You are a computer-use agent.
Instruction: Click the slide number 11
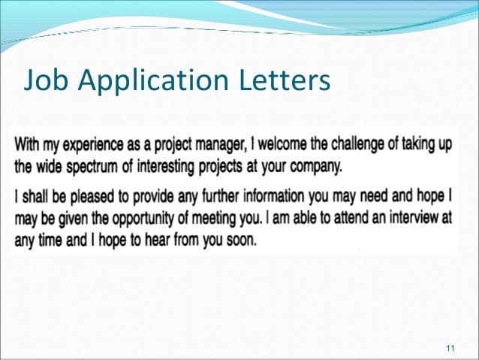coord(450,346)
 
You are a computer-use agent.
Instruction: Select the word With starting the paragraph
coord(29,144)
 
